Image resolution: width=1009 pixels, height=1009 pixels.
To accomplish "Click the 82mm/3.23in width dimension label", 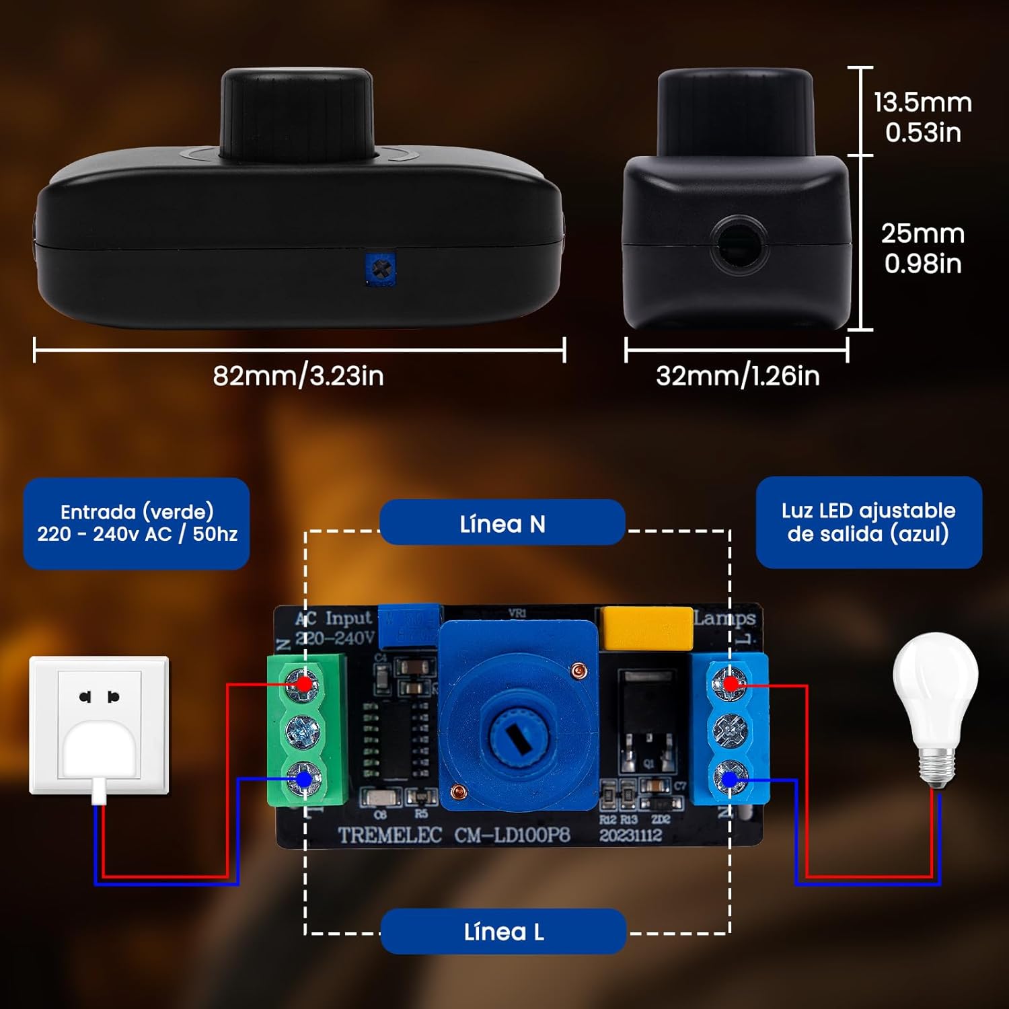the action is tap(298, 375).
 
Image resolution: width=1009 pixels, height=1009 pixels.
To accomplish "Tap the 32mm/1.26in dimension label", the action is tap(737, 375).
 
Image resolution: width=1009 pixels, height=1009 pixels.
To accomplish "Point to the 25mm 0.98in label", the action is tap(923, 248).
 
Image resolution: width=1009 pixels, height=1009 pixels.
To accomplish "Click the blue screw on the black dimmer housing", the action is tap(381, 269).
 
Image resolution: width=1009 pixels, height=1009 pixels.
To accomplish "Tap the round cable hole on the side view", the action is tap(739, 244).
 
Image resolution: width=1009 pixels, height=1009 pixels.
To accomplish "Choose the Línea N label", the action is tap(502, 523).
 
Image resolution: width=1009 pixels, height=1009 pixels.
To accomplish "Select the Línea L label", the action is tap(503, 932).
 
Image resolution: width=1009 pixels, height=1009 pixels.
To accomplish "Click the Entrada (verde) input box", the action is tap(137, 523).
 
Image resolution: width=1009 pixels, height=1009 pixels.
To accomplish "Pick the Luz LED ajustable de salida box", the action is tap(868, 522).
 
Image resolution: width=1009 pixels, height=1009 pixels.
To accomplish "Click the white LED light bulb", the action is tap(935, 706).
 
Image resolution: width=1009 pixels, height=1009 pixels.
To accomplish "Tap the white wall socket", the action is tap(99, 725).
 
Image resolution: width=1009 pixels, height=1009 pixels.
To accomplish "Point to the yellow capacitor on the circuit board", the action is tap(646, 628).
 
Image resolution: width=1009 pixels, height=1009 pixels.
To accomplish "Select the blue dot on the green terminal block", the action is tap(304, 779).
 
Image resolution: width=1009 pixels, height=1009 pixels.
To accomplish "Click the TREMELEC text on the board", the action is tap(389, 835).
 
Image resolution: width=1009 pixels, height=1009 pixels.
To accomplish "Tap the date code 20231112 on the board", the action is tap(631, 835).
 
